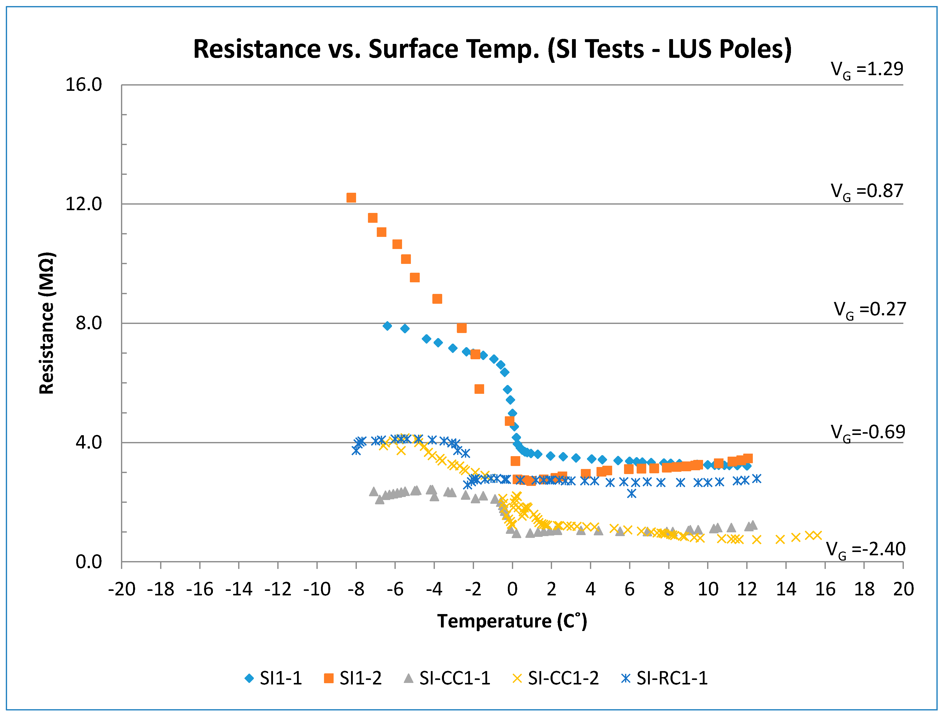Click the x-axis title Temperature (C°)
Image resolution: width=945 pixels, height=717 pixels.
click(512, 621)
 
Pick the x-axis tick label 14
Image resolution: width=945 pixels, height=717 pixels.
click(786, 589)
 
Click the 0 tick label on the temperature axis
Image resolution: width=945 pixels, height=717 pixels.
click(512, 589)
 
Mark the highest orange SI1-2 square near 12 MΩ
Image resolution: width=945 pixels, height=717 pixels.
click(351, 198)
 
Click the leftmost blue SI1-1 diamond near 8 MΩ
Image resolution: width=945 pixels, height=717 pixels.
click(387, 326)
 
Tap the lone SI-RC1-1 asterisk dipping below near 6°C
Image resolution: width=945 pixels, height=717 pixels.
click(631, 493)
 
